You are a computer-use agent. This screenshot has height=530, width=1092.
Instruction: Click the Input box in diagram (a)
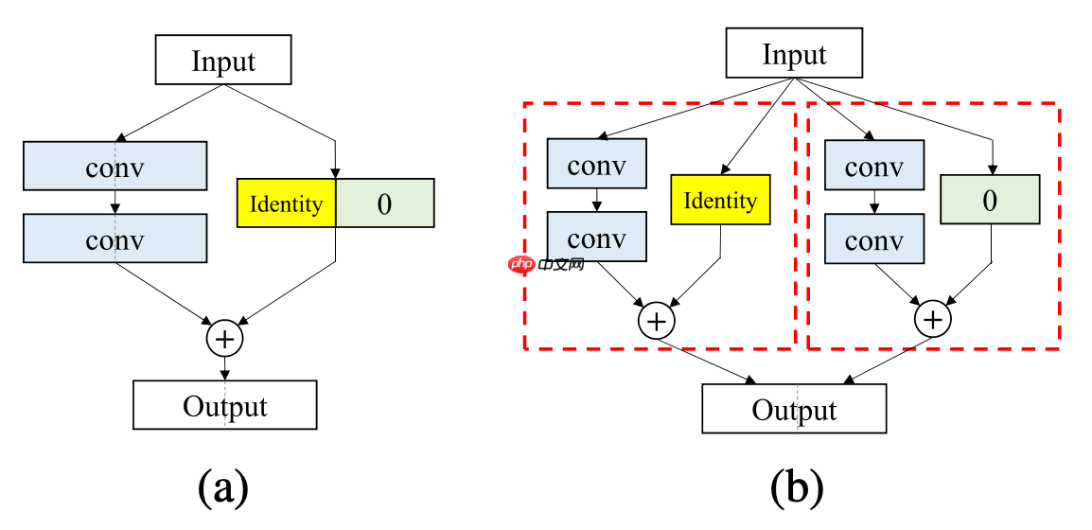[x=223, y=62]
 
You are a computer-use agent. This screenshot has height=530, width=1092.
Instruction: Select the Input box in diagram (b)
[x=794, y=54]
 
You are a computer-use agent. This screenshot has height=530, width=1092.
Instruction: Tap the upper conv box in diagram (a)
[x=114, y=168]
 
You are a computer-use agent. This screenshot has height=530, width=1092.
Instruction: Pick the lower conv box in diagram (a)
[x=114, y=238]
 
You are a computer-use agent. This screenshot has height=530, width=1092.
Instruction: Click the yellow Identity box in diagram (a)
[x=286, y=203]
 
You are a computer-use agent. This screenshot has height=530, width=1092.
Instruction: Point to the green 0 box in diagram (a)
[x=384, y=203]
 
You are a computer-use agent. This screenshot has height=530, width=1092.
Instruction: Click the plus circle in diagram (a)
[x=224, y=337]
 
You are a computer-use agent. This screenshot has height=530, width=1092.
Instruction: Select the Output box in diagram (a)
[x=224, y=406]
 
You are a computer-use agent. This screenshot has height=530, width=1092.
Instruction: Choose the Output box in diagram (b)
[x=794, y=410]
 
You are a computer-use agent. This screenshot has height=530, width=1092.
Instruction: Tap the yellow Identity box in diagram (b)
[x=720, y=200]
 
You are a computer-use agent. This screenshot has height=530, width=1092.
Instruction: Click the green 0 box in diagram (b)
[x=991, y=200]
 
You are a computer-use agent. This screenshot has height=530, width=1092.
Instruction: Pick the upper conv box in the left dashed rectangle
[x=597, y=165]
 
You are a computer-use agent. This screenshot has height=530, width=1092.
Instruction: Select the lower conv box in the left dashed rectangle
[x=597, y=237]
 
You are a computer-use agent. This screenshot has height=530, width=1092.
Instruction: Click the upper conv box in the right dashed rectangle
[x=873, y=166]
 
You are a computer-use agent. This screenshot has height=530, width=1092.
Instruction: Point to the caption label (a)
[x=223, y=486]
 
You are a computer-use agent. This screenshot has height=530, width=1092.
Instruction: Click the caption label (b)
[x=797, y=486]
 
